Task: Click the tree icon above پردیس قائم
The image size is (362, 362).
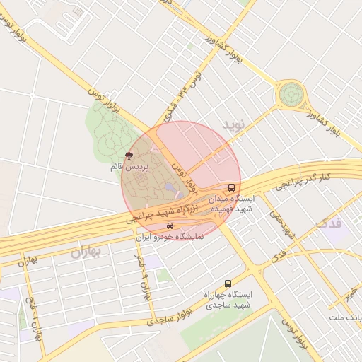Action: coord(129,155)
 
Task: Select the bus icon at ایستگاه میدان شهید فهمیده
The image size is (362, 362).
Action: coord(232,188)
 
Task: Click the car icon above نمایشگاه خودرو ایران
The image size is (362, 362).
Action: coord(170,226)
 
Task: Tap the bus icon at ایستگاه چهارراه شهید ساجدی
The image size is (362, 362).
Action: coord(227,283)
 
